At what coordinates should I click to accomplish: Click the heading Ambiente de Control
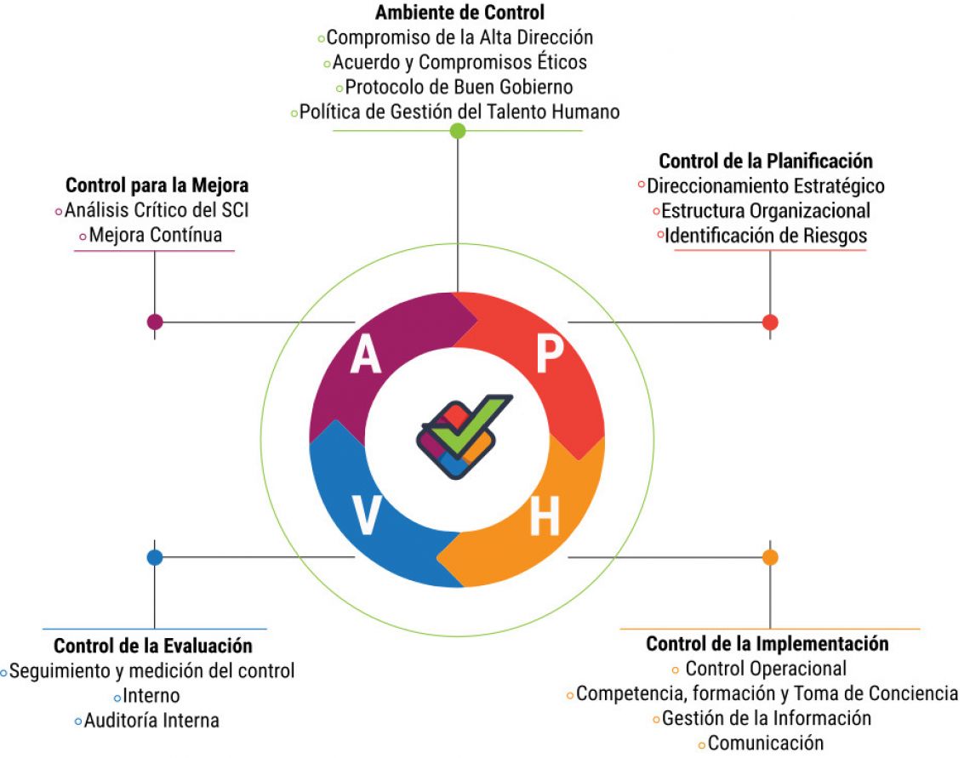pos(459,13)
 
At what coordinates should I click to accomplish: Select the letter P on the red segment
pos(550,356)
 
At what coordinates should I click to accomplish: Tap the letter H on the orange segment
pos(545,516)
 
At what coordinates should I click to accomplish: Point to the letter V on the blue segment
pos(366,516)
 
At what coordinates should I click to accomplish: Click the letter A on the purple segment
pos(366,356)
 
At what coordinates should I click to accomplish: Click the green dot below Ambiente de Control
pos(458,130)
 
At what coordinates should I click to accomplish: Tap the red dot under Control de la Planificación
pos(770,322)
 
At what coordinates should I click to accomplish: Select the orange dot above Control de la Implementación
pos(770,557)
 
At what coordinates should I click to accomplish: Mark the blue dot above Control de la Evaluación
pos(154,557)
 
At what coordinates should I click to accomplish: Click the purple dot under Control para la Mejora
pos(154,322)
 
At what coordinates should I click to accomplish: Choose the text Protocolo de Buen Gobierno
pos(459,87)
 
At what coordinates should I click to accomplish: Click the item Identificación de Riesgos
pos(766,236)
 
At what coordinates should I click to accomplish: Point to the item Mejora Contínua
pos(155,235)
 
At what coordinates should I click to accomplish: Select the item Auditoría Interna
pos(151,721)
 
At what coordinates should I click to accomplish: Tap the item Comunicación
pos(766,743)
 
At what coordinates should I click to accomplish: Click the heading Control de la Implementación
pos(767,644)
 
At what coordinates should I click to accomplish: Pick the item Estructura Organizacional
pos(766,210)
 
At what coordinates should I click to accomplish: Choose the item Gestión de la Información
pos(767,717)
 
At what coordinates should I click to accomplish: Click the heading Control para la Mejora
pos(157,185)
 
